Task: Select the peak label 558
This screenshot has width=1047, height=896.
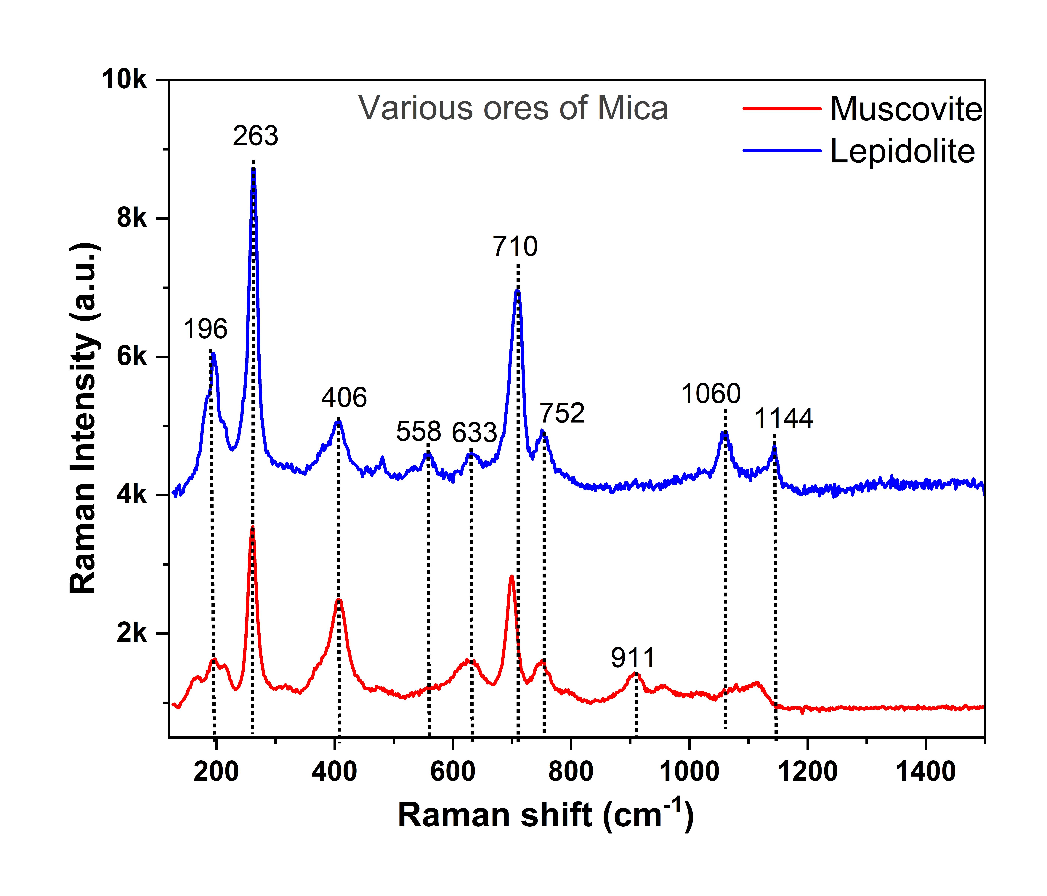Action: (418, 432)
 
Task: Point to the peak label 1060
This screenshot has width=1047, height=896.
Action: (711, 394)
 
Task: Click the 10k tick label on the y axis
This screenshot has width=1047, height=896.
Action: (124, 80)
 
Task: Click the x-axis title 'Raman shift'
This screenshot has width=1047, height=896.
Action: (495, 816)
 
